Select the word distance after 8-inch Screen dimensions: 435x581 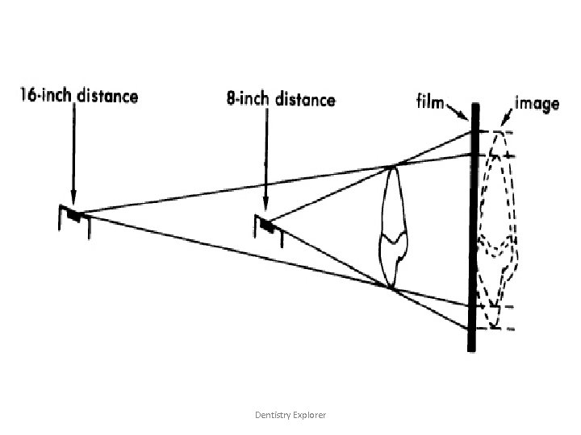tap(304, 100)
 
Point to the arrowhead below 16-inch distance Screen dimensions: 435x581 tap(73, 201)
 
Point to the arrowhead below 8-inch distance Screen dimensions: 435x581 tap(265, 208)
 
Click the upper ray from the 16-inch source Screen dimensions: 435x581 tap(234, 189)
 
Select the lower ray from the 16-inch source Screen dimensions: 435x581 tap(234, 251)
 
